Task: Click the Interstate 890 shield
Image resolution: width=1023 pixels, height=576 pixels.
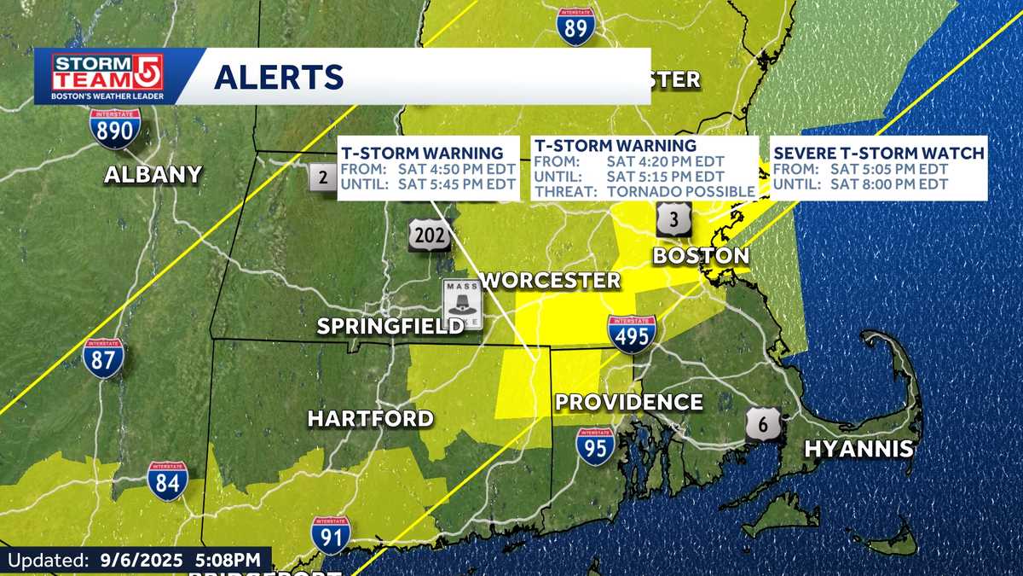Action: [x=114, y=128]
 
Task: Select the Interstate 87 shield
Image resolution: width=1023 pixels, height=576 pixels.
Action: [x=102, y=358]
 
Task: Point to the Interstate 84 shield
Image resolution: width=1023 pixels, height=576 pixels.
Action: [x=167, y=481]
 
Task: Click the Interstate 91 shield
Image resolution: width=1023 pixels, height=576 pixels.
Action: [x=330, y=535]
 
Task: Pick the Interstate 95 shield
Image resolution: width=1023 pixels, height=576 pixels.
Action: [x=595, y=445]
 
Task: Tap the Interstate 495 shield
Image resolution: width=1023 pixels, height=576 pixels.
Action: [x=632, y=335]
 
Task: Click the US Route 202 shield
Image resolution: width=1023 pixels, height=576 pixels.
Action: [x=428, y=234]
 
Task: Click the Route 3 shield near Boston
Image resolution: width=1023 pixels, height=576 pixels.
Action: [x=673, y=220]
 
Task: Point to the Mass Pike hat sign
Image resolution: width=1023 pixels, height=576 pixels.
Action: [x=462, y=304]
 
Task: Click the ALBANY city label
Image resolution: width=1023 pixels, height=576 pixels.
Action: [x=153, y=175]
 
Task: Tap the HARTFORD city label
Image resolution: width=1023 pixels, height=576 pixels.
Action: [x=370, y=418]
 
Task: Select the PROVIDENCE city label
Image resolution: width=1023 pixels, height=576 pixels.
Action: [x=629, y=402]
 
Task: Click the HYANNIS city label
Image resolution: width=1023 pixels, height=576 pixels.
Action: [x=859, y=448]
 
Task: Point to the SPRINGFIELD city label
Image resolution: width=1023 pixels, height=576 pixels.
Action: [x=390, y=326]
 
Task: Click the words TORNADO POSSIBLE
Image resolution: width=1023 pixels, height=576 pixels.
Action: [x=681, y=191]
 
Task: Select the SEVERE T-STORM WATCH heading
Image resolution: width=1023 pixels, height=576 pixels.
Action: [x=878, y=154]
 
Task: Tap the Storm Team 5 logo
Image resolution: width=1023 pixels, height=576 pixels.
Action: [x=107, y=77]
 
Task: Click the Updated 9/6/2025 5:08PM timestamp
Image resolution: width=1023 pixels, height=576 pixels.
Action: [x=135, y=561]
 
